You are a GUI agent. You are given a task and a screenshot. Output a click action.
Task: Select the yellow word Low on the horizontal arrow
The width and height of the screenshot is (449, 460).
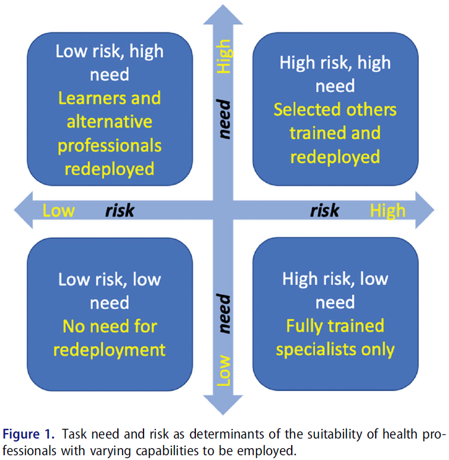(x=58, y=210)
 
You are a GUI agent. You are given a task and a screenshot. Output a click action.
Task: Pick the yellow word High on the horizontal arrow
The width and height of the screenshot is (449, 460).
(x=387, y=210)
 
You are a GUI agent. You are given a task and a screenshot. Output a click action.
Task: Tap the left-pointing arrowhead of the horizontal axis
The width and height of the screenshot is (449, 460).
(x=24, y=210)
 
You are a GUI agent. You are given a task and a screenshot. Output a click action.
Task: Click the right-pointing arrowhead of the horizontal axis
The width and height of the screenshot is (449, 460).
(x=424, y=210)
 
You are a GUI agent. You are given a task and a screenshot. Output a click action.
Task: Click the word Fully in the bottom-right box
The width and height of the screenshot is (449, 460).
(x=304, y=326)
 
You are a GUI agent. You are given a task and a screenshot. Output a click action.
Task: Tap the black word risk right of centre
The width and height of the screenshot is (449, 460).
(x=325, y=210)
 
